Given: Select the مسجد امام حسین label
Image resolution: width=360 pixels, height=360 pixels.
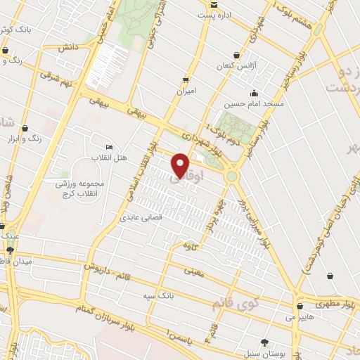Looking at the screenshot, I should click(254, 104).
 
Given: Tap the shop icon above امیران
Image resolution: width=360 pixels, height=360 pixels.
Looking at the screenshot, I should click(186, 80).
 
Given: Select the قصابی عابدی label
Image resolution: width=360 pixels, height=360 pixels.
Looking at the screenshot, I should click(142, 218).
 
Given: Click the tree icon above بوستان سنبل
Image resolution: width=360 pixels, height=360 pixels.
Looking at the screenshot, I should click(264, 341).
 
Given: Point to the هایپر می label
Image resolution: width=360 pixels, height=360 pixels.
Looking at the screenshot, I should click(297, 318).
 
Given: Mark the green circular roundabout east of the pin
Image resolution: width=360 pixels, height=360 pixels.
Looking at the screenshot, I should click(231, 176).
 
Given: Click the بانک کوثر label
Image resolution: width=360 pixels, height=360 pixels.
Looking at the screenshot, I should click(14, 29).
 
